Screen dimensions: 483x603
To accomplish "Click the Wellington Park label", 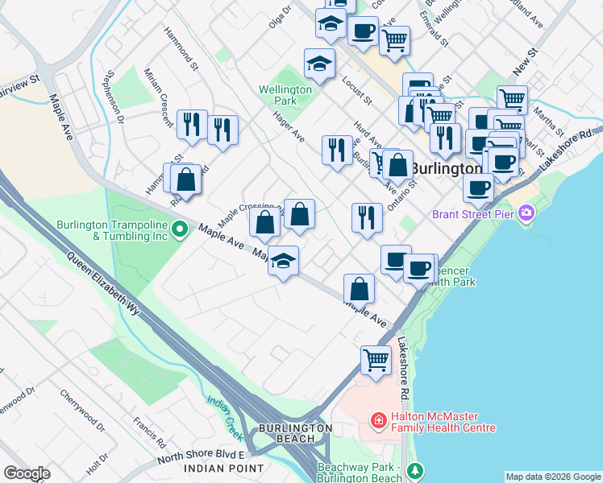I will [285, 95].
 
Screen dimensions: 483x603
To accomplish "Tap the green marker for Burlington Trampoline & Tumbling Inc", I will [181, 229].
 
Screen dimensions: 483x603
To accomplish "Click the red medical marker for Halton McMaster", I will [376, 420].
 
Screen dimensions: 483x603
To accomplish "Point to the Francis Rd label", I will [150, 431].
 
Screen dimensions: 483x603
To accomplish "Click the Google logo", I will [27, 473].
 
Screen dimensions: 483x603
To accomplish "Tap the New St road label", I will [525, 60].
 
